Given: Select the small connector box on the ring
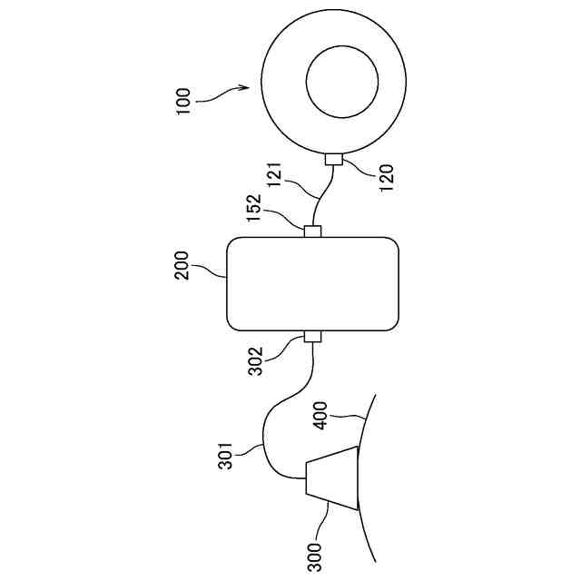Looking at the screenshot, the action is (x=333, y=160).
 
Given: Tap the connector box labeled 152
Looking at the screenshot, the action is (x=313, y=231).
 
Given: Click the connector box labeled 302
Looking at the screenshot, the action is (x=313, y=338).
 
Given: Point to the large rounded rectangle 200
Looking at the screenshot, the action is (x=313, y=283).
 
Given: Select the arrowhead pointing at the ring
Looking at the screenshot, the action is (x=243, y=88).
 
